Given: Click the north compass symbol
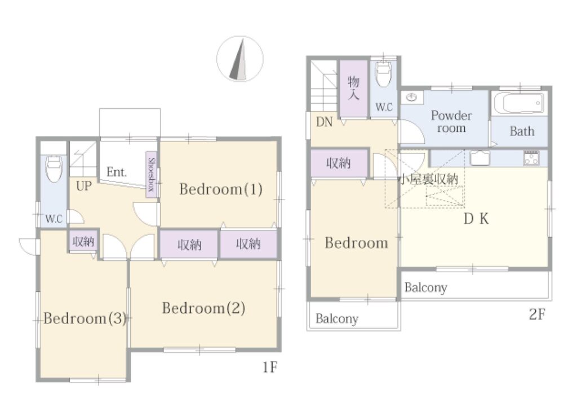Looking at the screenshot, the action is [240, 59].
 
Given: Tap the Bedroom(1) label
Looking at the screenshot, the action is [221, 189].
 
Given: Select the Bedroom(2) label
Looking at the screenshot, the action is [204, 308].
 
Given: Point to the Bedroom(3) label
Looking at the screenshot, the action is [85, 318].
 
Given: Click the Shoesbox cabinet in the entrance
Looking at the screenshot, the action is [151, 175].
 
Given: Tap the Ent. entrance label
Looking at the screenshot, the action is [117, 172].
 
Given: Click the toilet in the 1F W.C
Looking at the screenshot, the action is [54, 169].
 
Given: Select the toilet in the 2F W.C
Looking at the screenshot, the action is [383, 73].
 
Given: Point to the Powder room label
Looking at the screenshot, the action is [451, 122].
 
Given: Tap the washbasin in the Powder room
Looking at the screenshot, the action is [411, 98].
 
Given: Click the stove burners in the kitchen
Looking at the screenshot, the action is [531, 157].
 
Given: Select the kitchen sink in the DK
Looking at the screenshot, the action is [480, 158].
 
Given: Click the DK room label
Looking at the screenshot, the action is [476, 219].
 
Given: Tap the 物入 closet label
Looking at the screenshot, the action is [353, 87].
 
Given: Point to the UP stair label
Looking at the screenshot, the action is [83, 186].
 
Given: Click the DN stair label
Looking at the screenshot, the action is [324, 122].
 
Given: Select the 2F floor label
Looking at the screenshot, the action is [537, 314].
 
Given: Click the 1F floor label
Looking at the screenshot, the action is [270, 367].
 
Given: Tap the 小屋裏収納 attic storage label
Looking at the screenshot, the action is [429, 179].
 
